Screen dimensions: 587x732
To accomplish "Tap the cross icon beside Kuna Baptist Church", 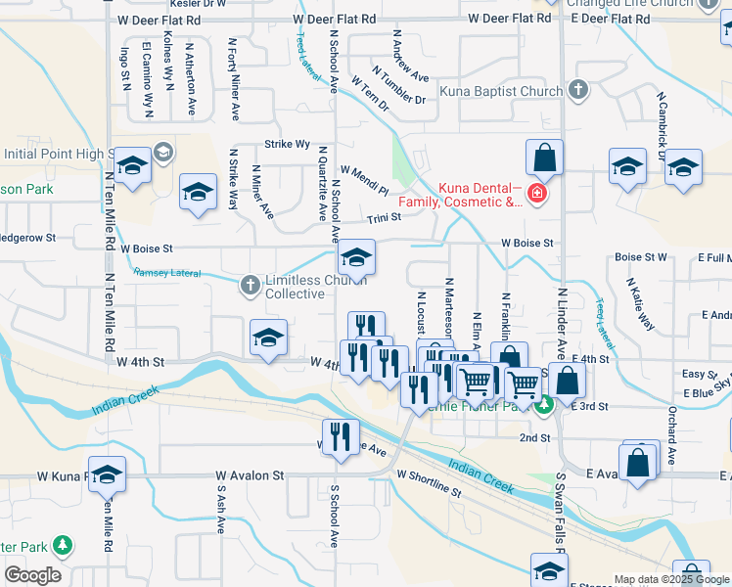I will click(577, 91).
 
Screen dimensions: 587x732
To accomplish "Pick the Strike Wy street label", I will click(287, 144).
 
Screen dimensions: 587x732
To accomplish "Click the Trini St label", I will click(385, 218).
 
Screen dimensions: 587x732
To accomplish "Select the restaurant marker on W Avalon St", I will click(340, 434).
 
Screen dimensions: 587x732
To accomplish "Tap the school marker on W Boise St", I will click(356, 257).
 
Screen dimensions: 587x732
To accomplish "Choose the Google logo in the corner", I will click(32, 575).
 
